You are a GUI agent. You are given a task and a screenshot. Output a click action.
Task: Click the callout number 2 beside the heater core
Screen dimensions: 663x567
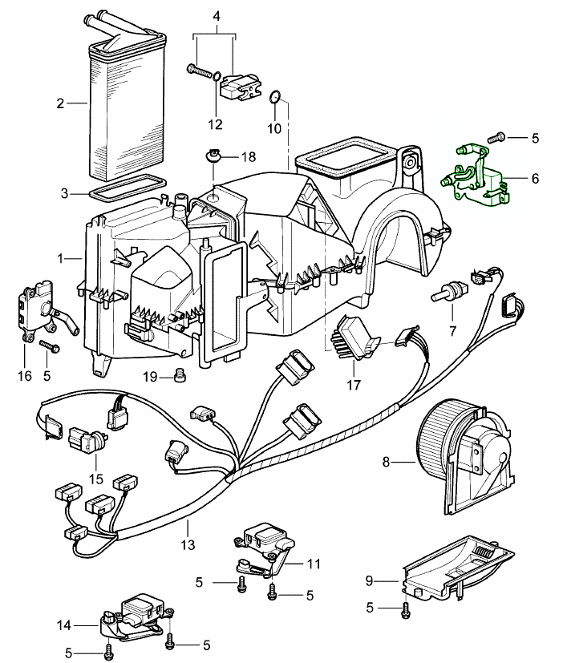coord(59,103)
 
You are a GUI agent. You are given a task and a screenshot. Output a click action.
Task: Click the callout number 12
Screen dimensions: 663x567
coord(215,124)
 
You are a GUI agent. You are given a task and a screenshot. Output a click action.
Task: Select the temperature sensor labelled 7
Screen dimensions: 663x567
coord(448,293)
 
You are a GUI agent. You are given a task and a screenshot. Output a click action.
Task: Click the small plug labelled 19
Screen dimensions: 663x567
coord(180,374)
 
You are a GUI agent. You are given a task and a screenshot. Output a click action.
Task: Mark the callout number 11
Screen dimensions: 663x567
coord(314,564)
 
